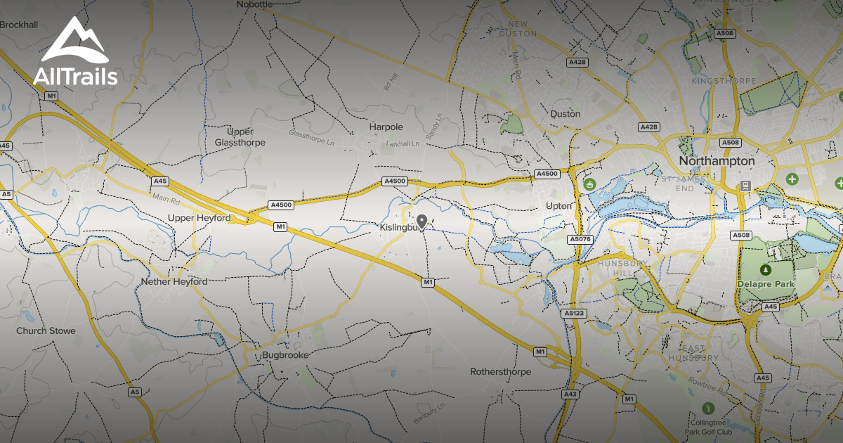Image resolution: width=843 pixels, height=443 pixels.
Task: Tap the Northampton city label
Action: pos(717,161)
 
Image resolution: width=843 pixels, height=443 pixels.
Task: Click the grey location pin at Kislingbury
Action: pos(421,222)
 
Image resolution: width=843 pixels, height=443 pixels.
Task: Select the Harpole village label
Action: pos(386,127)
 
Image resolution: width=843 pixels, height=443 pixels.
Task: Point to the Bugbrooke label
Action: pos(285,355)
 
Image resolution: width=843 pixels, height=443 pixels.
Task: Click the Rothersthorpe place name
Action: pos(500,371)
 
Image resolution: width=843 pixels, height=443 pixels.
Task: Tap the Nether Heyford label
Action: pos(174,281)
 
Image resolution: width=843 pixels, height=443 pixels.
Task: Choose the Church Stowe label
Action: pos(46,330)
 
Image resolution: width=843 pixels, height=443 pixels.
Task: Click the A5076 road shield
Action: pos(580,239)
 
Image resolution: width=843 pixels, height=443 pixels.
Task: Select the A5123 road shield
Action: pos(573,313)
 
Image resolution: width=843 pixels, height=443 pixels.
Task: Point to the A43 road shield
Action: pos(570,394)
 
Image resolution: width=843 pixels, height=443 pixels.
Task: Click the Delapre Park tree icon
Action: pos(765,269)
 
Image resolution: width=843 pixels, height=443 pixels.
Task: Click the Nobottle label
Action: pos(254,4)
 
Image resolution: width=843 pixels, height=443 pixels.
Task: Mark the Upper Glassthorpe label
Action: pos(240,137)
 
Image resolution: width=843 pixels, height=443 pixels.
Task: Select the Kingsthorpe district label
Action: pos(717,82)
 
